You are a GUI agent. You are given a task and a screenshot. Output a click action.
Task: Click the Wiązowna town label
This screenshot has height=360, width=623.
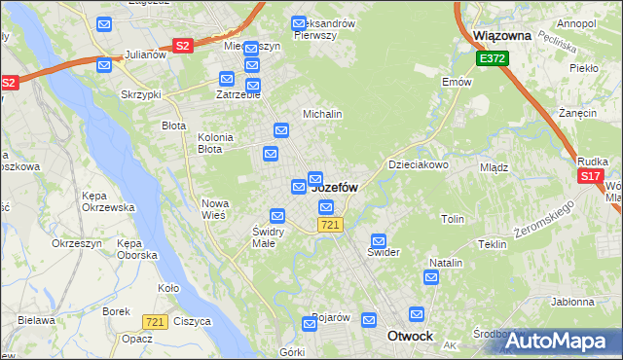pos(501,35)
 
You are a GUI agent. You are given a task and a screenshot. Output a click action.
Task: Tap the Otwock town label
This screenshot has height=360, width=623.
pos(410,336)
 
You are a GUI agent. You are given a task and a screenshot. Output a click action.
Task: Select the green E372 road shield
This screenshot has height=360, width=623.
pos(491,60)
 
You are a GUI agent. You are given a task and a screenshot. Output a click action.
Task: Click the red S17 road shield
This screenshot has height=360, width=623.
pos(590,176)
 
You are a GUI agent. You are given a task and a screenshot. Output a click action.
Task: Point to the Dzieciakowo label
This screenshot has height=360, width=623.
pos(419,164)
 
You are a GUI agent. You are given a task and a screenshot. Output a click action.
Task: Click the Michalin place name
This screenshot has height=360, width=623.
pos(322,114)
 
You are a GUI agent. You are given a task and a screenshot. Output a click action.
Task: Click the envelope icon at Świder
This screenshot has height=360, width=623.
pos(379,240)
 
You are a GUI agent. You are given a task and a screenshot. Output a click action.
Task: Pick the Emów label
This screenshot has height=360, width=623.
pos(457,82)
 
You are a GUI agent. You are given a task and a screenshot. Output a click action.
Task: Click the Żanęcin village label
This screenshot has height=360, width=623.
pos(578,113)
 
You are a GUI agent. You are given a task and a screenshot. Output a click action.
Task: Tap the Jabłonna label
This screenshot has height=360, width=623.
pos(572,302)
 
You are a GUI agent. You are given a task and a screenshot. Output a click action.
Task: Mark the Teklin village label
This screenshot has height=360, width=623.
pos(493,244)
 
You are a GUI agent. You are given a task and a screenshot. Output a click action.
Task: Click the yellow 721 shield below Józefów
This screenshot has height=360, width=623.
pos(329,225)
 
